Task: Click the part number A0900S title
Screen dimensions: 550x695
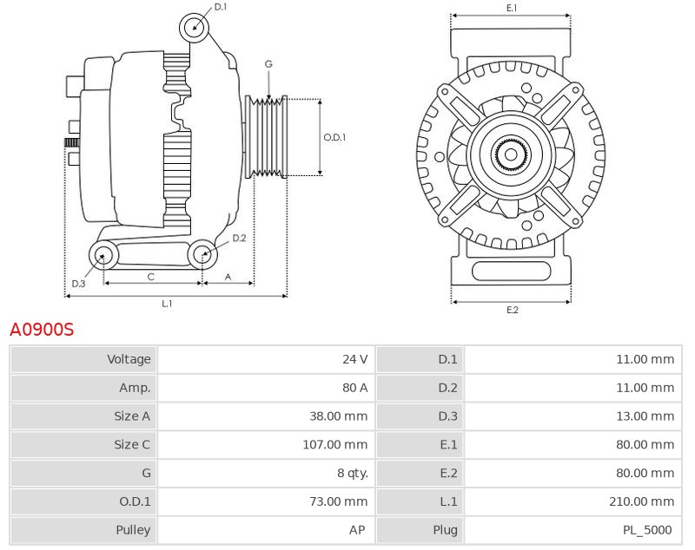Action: click(42, 330)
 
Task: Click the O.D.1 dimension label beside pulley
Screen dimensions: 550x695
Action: click(334, 137)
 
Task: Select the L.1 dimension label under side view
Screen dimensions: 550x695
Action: click(167, 304)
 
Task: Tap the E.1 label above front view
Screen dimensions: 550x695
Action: click(512, 8)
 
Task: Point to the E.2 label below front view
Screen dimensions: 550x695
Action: click(512, 310)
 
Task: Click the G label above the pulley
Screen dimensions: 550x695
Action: click(268, 64)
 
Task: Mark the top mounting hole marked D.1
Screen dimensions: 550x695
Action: click(195, 28)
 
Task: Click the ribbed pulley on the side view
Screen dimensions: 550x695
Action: click(268, 137)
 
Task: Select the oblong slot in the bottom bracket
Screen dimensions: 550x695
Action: click(510, 271)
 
